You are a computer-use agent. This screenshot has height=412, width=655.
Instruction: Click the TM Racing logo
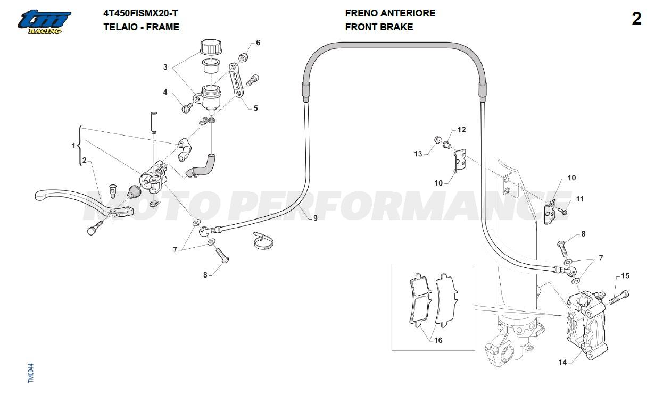[x=44, y=22]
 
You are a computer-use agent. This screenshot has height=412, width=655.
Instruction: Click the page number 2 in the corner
[x=636, y=19]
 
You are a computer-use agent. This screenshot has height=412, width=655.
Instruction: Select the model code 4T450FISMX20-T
[x=140, y=13]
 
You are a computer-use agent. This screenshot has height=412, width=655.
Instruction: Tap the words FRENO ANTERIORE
[x=390, y=13]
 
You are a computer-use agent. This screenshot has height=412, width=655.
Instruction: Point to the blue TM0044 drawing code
[x=31, y=373]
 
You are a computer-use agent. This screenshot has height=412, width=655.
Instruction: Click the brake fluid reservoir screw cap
[x=211, y=48]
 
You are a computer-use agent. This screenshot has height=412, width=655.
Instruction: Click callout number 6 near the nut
[x=258, y=43]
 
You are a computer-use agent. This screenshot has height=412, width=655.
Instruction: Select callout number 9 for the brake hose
[x=315, y=218]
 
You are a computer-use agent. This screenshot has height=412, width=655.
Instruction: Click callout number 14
[x=562, y=363]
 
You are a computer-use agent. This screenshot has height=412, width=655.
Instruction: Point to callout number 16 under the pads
[x=438, y=340]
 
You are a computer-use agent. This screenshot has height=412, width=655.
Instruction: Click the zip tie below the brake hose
[x=263, y=240]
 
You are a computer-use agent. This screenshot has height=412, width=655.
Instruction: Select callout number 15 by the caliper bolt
[x=625, y=275]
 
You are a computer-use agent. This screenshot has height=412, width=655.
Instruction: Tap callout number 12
[x=461, y=129]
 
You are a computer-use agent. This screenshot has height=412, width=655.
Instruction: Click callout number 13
[x=418, y=154]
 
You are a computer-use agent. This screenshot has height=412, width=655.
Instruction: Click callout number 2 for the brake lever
[x=84, y=160]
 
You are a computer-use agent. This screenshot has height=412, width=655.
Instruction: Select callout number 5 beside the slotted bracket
[x=255, y=108]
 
